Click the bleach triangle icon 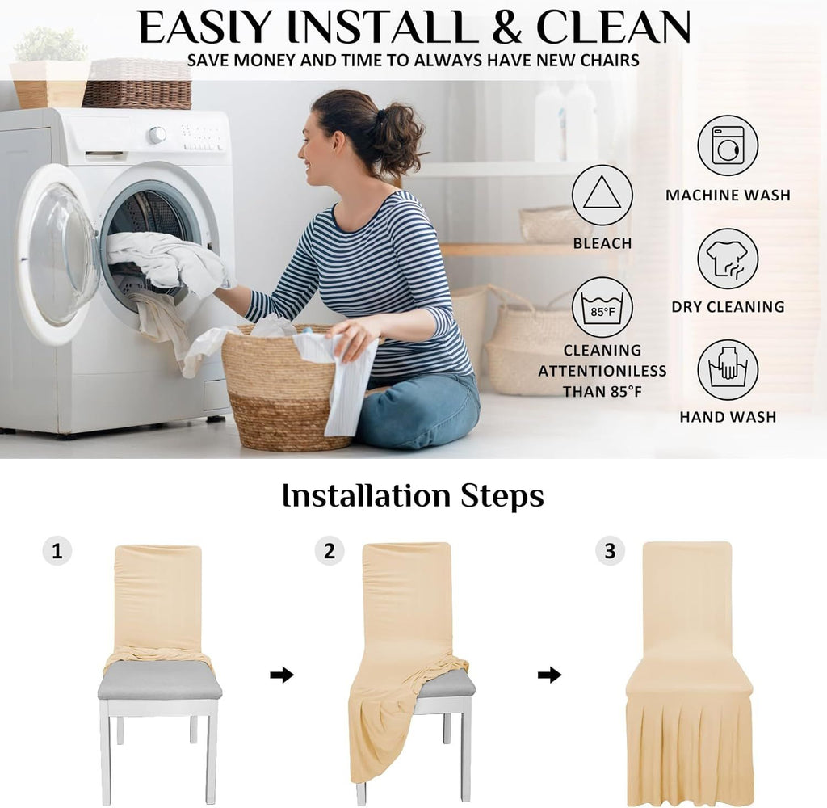point(602,196)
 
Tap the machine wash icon point(728,145)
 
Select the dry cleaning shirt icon point(728,259)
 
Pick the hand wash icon point(728,369)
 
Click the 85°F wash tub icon point(602,307)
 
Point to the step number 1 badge point(57,551)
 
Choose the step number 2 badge point(330,551)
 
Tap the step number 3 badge point(611,551)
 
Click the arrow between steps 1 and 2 point(282,675)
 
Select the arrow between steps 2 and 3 point(549,675)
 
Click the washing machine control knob point(157,135)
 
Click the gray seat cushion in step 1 point(159,680)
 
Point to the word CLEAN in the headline point(614,27)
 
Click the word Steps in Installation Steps point(502,497)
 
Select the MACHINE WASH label point(728,196)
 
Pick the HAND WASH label point(728,417)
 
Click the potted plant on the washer point(50,68)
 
